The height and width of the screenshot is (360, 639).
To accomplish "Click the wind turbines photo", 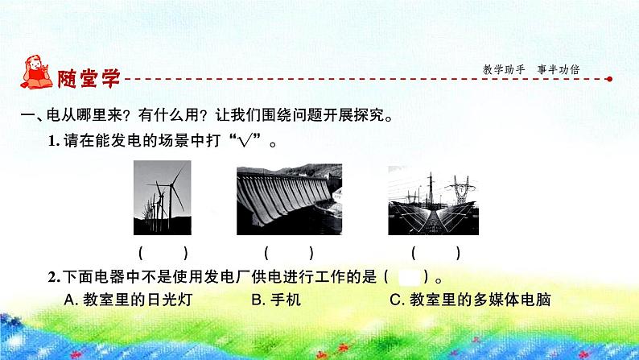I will pos(163,194).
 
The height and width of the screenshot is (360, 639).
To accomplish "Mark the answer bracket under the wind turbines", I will pos(163,252).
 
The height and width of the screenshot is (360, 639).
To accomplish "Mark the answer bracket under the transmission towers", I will pos(435,252).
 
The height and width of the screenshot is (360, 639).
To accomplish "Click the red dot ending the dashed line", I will pos(608,79).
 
